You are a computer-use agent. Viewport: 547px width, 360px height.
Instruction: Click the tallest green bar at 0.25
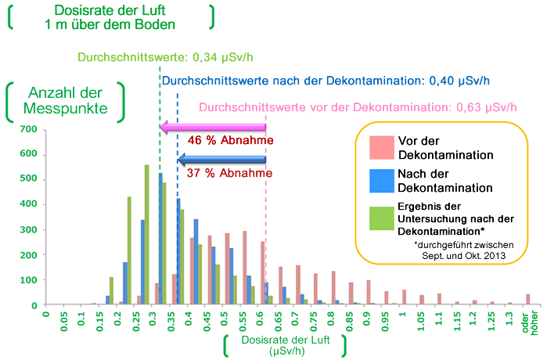pyautogui.click(x=146, y=235)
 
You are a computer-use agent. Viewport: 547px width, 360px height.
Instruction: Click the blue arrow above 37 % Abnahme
pyautogui.click(x=223, y=160)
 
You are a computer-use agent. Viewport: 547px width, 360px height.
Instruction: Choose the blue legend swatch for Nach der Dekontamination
pyautogui.click(x=380, y=181)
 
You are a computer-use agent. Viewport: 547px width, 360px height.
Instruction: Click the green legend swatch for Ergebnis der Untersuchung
pyautogui.click(x=380, y=218)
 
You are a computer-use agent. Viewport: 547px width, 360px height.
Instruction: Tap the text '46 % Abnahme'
pyautogui.click(x=230, y=142)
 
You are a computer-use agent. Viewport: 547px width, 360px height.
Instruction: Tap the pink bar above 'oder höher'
pyautogui.click(x=528, y=299)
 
